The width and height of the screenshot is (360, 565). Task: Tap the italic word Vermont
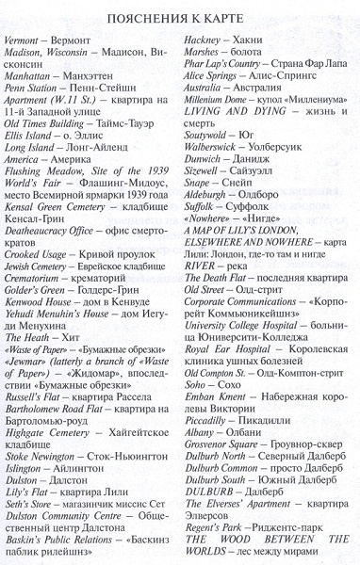click(x=23, y=43)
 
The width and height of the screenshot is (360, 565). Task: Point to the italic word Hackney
click(x=205, y=43)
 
